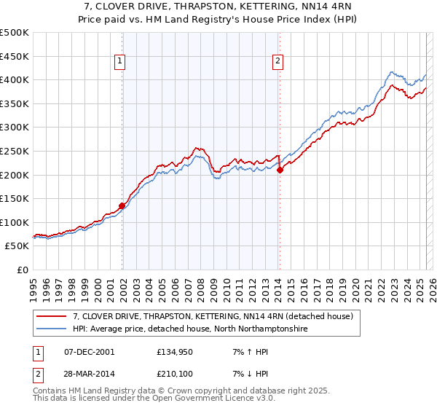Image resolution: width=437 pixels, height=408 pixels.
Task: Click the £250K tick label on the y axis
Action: click(x=15, y=151)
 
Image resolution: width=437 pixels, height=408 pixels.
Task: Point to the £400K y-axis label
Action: click(x=15, y=79)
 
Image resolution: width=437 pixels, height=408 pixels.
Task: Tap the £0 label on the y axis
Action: click(x=23, y=270)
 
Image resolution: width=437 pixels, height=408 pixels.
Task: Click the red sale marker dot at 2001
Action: click(x=122, y=205)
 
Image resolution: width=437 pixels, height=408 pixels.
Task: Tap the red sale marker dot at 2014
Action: click(x=280, y=170)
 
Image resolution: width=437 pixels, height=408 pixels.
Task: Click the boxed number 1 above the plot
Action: click(x=119, y=62)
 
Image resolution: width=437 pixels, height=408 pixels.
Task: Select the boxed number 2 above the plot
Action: click(x=277, y=62)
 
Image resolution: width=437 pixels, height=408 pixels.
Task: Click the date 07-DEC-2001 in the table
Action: click(x=90, y=352)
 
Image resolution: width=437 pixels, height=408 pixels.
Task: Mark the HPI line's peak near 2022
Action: click(x=392, y=72)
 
